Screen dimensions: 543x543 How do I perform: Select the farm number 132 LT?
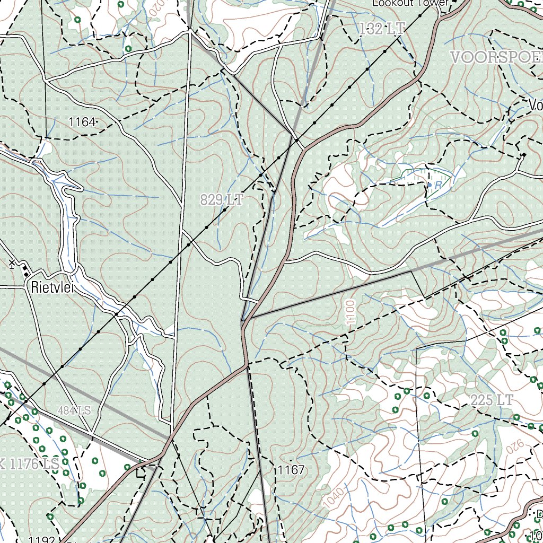(x=381, y=29)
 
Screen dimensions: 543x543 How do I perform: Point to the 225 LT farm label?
(x=492, y=400)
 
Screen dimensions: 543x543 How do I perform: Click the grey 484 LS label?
(x=75, y=410)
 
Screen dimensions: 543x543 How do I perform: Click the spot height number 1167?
(x=291, y=470)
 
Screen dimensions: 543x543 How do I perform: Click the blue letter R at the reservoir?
(x=438, y=185)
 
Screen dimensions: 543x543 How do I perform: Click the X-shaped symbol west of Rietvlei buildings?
(x=12, y=262)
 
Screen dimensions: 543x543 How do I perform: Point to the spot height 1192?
(x=42, y=540)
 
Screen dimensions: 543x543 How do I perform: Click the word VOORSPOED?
(x=496, y=57)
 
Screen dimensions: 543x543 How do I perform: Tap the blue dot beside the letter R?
(x=429, y=184)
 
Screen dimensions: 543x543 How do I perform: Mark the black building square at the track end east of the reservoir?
(x=524, y=155)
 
